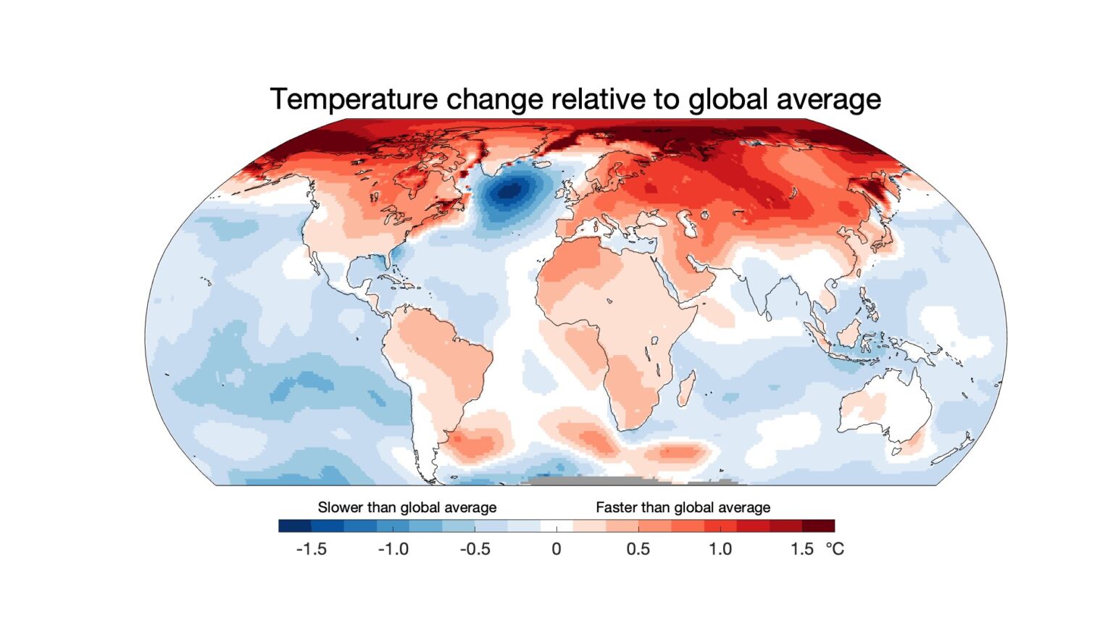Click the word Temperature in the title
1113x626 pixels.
pos(354,99)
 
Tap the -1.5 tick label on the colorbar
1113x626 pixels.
pos(311,549)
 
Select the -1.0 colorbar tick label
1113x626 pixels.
pos(393,549)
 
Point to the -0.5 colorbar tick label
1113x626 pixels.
pos(475,549)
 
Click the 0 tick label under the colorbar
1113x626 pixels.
pos(556,549)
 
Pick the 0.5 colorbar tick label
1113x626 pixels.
pos(638,549)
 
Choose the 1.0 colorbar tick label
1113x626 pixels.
pos(720,549)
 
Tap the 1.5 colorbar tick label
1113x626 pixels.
pos(801,549)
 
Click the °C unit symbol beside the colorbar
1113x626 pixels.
pos(835,549)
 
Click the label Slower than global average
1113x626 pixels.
pos(407,507)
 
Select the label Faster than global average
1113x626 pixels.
pos(683,507)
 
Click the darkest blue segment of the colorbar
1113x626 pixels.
pos(294,526)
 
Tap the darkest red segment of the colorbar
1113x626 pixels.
pos(818,526)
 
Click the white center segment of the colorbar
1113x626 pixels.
pos(556,526)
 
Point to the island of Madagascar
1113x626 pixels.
pos(686,388)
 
